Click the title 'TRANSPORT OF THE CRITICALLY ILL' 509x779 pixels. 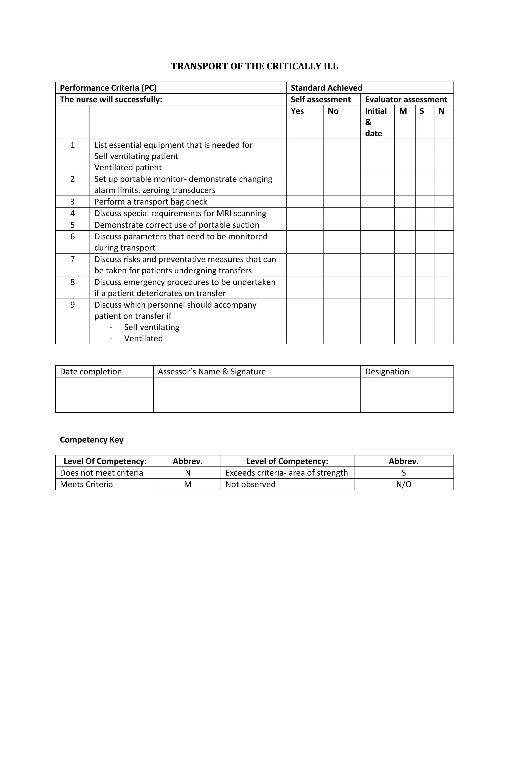254,66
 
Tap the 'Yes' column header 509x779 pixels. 297,111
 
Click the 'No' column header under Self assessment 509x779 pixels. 333,111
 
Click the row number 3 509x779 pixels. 72,202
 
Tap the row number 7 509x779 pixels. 72,259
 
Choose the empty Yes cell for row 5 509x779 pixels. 304,225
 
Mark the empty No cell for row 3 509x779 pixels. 341,202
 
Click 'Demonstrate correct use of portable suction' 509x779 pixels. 177,225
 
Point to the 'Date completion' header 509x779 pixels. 91,372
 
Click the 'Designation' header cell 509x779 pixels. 387,372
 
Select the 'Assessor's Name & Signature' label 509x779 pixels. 212,372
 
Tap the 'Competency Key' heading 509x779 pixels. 92,439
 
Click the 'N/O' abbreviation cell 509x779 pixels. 403,485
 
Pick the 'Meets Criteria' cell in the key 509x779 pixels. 86,485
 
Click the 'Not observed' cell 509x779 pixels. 250,485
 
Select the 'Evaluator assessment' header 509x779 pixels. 406,99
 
